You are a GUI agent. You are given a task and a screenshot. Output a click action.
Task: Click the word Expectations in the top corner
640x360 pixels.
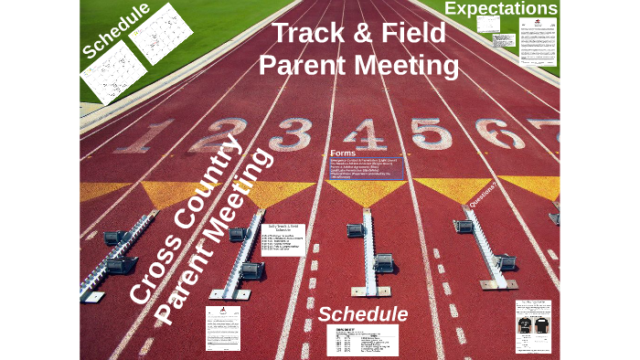click(x=500, y=9)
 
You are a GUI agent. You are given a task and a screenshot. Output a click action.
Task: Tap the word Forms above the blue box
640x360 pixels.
click(x=343, y=153)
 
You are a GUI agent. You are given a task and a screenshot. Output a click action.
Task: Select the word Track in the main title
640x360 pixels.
click(x=314, y=34)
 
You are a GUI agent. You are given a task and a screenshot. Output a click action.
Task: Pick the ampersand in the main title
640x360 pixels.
click(x=367, y=34)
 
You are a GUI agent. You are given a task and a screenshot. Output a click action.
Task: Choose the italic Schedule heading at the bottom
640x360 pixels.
click(x=363, y=314)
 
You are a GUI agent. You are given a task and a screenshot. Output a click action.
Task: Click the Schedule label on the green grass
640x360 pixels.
click(x=115, y=31)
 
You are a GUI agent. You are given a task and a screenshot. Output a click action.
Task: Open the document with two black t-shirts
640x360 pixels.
click(x=534, y=326)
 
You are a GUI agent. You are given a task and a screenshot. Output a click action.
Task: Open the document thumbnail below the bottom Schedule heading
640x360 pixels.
click(x=363, y=340)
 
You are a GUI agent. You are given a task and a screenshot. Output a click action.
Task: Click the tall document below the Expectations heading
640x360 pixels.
click(x=538, y=43)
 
